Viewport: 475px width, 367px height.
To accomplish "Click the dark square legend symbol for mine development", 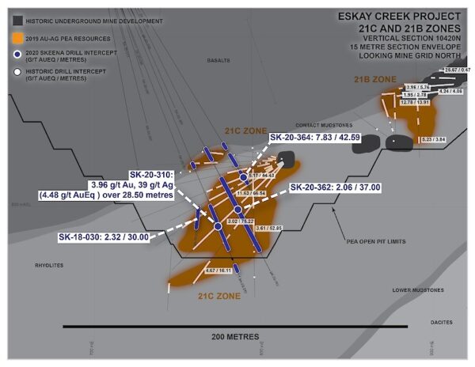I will click(x=17, y=21).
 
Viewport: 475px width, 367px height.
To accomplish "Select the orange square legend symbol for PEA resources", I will click(x=17, y=38).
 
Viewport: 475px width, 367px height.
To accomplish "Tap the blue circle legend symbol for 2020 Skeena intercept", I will click(x=17, y=54).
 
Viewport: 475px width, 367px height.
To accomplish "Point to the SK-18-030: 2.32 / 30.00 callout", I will click(x=103, y=236).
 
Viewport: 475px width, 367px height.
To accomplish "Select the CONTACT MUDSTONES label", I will click(x=322, y=125).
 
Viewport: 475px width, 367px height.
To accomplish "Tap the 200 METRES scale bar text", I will click(x=237, y=336).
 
